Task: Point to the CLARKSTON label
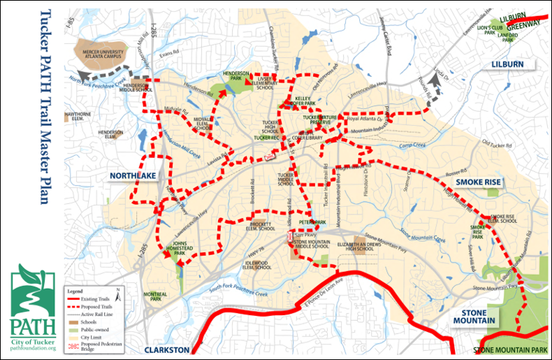click(167, 350)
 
